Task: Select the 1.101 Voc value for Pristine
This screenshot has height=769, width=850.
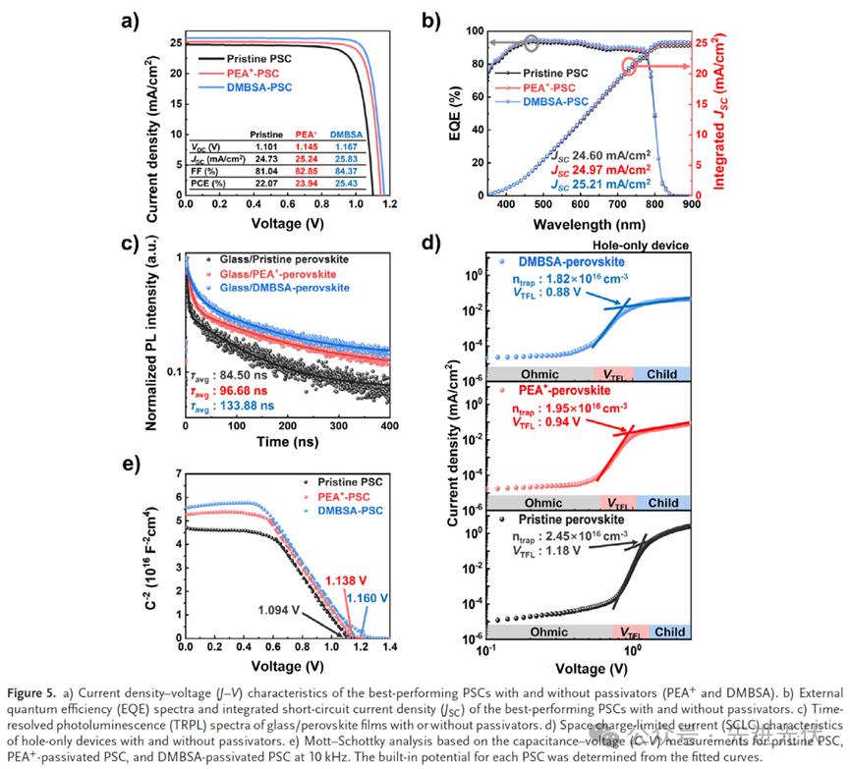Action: click(266, 145)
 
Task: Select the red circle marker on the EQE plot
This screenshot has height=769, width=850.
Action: click(630, 66)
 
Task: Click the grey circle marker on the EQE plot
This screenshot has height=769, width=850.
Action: click(532, 42)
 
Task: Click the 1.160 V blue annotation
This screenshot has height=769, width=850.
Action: click(368, 596)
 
